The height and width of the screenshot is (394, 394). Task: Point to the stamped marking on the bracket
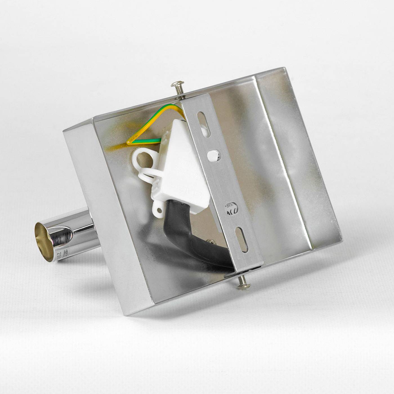coord(231,208)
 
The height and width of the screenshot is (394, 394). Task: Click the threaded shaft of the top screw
coord(180,91)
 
